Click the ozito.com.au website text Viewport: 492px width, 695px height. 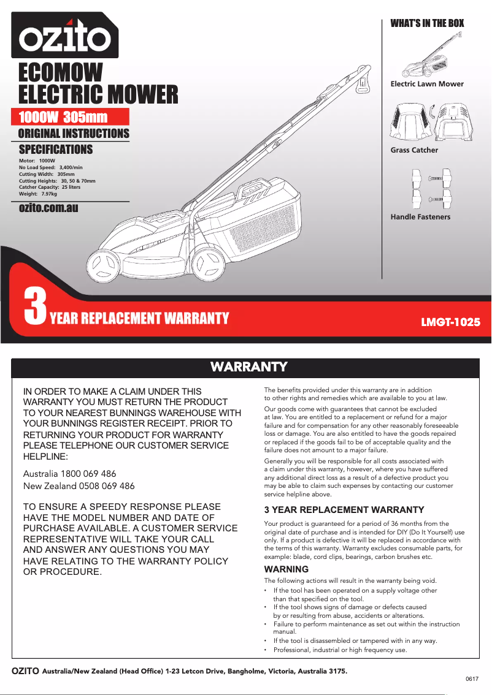click(48, 208)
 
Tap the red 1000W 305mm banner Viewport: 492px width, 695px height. click(71, 117)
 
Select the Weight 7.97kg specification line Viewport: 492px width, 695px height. click(38, 194)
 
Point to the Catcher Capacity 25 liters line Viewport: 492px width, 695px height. click(50, 187)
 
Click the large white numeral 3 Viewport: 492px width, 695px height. click(35, 308)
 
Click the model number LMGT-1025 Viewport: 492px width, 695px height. click(450, 321)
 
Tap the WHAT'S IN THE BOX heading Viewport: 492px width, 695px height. click(427, 23)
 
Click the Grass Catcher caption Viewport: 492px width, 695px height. click(414, 150)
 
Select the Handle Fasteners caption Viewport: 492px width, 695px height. click(420, 217)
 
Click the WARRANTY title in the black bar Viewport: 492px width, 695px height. click(248, 367)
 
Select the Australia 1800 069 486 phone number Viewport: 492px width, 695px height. click(69, 474)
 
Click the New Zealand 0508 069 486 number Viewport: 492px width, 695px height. click(79, 486)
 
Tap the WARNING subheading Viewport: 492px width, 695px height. click(286, 569)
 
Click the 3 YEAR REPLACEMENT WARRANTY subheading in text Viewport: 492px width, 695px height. click(344, 510)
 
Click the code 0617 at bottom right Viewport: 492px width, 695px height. click(472, 680)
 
